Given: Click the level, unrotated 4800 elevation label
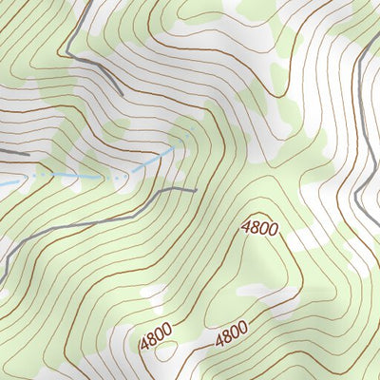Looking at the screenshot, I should pyautogui.click(x=259, y=228).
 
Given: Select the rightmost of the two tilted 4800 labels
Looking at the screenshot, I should pyautogui.click(x=230, y=335).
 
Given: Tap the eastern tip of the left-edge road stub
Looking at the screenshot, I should pyautogui.click(x=28, y=152).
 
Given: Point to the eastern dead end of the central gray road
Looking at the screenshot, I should pyautogui.click(x=195, y=191).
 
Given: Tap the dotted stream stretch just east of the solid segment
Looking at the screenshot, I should pyautogui.click(x=57, y=177).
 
